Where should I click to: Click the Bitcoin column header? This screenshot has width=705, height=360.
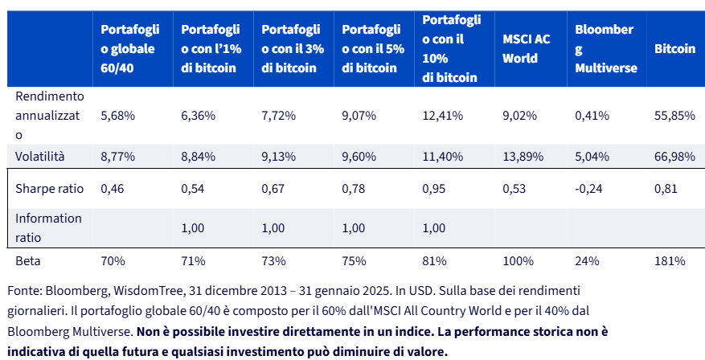coord(675,48)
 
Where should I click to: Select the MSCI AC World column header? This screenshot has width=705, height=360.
coord(526,48)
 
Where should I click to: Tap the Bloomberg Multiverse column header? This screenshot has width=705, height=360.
coord(605,48)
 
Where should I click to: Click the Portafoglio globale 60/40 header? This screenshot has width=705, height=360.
coord(130,48)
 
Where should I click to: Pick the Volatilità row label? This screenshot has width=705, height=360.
coord(40,157)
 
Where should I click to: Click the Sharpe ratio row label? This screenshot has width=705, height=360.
coord(50,188)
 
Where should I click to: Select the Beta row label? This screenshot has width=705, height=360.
coord(28,261)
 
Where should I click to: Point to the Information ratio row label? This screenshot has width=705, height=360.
coord(48,228)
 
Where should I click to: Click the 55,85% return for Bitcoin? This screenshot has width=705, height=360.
coord(675,116)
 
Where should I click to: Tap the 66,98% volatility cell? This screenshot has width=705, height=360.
coord(675,157)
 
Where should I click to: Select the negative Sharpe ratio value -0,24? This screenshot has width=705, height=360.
coord(588,189)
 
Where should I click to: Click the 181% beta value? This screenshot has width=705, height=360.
coord(670,261)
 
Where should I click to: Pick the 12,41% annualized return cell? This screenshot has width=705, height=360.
coord(442,116)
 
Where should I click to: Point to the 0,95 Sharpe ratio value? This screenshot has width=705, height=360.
coord(434,189)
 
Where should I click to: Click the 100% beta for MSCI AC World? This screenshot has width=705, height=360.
coord(518,261)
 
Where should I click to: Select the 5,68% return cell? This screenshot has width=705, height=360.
coord(118,116)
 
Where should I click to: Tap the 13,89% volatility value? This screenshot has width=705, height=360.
coord(523,157)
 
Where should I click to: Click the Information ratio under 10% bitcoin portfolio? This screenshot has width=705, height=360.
coord(434,228)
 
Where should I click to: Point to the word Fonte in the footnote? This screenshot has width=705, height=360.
coord(25,291)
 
